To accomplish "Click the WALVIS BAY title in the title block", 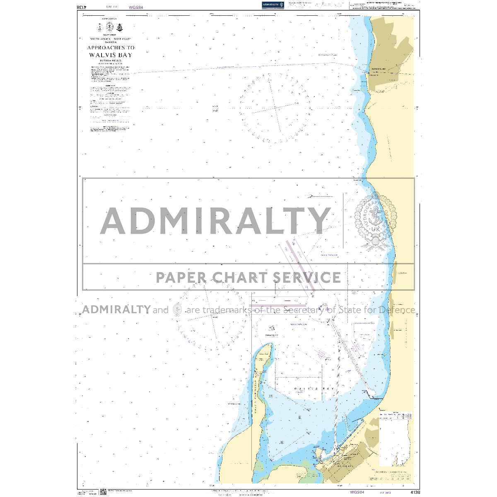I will tap(111, 55).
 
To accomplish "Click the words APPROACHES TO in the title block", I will tap(111, 48).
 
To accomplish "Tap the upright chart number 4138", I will tap(414, 492).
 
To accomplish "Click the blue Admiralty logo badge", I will tap(273, 5).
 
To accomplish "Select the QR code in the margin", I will tap(104, 492).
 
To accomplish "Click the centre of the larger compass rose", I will tap(275, 108).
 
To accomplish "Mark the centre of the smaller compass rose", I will tap(212, 316).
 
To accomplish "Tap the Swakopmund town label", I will tap(379, 69).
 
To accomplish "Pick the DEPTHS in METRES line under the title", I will tap(111, 60).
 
